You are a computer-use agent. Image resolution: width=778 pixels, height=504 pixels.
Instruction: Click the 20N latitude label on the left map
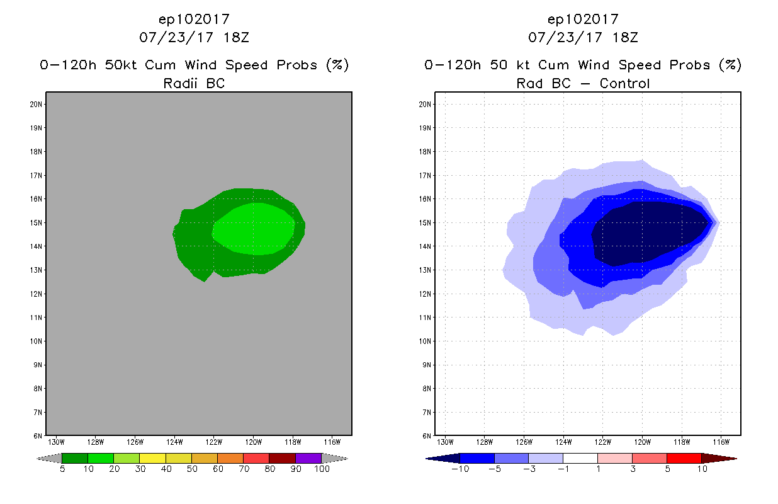click(x=36, y=104)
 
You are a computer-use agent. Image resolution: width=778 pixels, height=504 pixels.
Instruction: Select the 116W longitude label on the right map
click(x=721, y=442)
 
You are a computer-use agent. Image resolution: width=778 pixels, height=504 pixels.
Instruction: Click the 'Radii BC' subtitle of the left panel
click(x=194, y=83)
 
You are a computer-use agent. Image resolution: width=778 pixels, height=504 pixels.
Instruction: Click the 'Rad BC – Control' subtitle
click(x=583, y=83)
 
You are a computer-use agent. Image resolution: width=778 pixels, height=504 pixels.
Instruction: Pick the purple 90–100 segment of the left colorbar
click(x=308, y=459)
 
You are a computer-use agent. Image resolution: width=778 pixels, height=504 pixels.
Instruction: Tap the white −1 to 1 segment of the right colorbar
click(x=580, y=459)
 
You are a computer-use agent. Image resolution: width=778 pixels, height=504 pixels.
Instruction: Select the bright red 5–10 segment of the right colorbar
click(x=684, y=459)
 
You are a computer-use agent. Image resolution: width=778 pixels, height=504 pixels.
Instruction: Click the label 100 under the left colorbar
click(x=322, y=469)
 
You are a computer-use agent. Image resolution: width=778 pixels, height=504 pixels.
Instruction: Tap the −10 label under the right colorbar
click(x=460, y=469)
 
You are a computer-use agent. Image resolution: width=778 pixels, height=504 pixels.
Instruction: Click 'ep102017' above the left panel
click(x=194, y=19)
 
